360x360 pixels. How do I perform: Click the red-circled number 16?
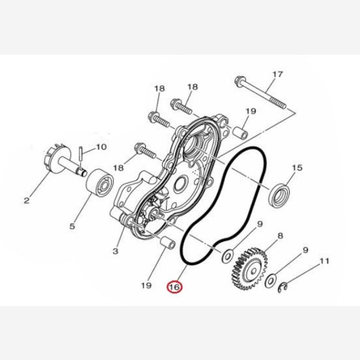(x=175, y=287)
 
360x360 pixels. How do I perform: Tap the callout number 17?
(x=278, y=74)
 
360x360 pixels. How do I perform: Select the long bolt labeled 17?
(x=261, y=92)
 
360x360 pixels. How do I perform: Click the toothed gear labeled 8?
(x=249, y=268)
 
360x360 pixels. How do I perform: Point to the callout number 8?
(x=280, y=236)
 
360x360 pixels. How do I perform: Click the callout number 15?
(x=297, y=167)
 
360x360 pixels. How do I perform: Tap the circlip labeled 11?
(x=283, y=288)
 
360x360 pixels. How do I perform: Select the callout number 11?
(x=324, y=261)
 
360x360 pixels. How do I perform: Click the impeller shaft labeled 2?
(x=65, y=161)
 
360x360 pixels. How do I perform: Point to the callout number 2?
(x=26, y=200)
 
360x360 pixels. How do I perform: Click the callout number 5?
(x=72, y=226)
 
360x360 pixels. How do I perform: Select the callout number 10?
(x=101, y=147)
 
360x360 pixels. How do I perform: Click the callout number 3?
(x=115, y=251)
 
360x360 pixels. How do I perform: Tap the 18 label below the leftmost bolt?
(x=118, y=168)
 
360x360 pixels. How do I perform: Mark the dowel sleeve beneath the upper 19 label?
(x=240, y=133)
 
